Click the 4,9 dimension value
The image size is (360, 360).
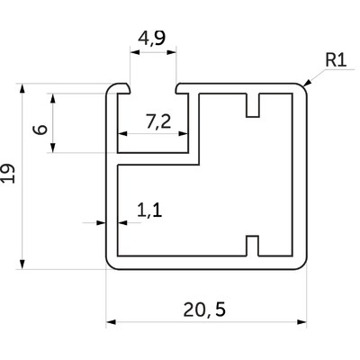[152, 38]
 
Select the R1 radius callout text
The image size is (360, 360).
[336, 60]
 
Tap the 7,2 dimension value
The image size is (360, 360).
[158, 121]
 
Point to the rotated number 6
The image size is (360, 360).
[40, 130]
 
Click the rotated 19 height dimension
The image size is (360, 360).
[8, 174]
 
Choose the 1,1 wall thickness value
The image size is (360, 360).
[149, 210]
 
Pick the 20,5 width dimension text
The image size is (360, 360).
[204, 310]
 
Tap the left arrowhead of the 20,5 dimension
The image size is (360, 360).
[111, 322]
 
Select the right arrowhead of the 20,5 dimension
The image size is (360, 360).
[301, 322]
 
